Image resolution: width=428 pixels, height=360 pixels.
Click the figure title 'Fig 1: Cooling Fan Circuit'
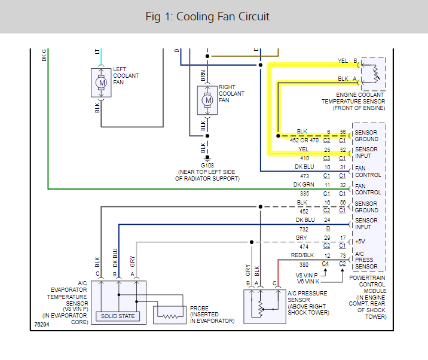point(207,16)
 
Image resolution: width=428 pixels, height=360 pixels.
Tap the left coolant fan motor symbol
point(102,83)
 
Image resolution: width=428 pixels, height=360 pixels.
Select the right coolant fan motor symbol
point(208,100)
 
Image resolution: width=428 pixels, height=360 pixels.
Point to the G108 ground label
point(207,164)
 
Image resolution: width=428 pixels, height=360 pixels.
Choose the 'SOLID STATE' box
point(118,315)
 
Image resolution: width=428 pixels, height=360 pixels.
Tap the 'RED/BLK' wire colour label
point(302,256)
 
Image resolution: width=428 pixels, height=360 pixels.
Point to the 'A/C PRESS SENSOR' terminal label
point(363,260)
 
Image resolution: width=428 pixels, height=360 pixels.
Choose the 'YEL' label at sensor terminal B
point(343,61)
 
